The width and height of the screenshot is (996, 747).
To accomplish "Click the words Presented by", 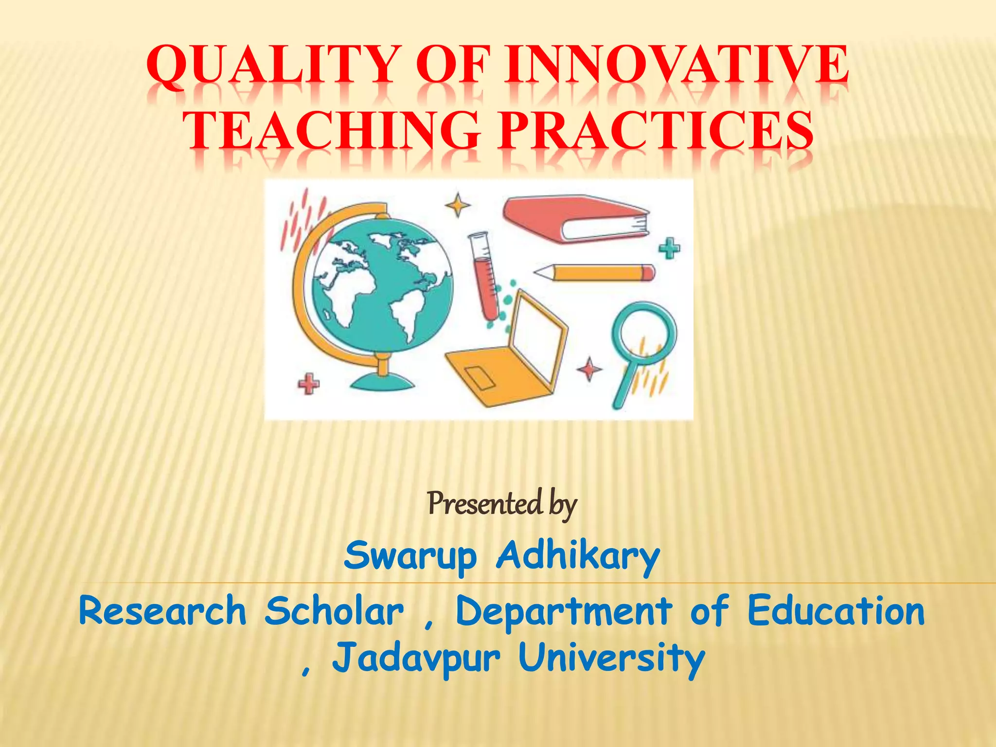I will [502, 504].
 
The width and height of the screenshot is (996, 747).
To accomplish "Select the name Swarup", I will [410, 556].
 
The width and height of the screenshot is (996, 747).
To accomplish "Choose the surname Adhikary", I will [578, 556].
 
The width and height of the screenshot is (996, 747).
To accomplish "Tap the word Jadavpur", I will [416, 658].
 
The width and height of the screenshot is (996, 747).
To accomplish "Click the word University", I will [611, 658].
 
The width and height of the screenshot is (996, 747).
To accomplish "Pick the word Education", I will [836, 611].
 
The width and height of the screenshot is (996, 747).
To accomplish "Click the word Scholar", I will [334, 611].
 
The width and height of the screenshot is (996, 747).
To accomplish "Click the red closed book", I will [574, 219].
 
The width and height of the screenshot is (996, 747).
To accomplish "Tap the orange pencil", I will [596, 272].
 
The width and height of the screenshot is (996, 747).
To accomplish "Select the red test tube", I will [484, 277].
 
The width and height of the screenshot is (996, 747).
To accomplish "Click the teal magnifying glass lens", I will [643, 332].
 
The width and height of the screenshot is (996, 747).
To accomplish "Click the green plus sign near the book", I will [669, 249].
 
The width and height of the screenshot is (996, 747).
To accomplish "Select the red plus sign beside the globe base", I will [308, 384].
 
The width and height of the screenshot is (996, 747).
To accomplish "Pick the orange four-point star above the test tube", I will [458, 205].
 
